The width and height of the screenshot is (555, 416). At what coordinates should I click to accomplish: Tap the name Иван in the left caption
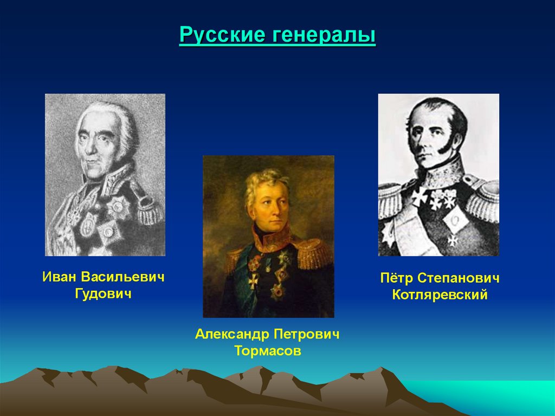coord(60,277)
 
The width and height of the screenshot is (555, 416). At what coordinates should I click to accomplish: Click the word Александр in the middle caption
coord(232,334)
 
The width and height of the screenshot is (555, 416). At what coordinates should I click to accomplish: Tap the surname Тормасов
coord(268,351)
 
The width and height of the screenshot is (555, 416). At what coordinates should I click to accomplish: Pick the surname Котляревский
coord(439,296)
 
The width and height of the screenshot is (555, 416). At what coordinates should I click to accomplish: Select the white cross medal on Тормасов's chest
coord(253,280)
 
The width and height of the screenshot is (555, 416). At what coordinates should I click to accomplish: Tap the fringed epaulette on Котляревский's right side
coord(482,201)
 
